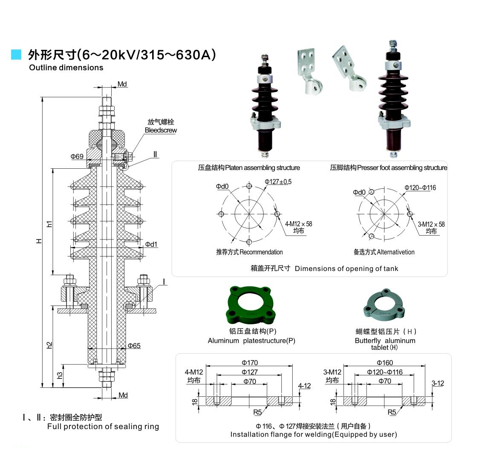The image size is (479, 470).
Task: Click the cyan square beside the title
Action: [16, 54]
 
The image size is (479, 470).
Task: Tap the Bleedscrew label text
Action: [161, 130]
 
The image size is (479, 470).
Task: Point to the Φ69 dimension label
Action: [77, 156]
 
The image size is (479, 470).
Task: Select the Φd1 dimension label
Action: [151, 244]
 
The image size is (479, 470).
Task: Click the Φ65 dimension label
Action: [134, 346]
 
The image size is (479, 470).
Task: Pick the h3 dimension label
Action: [60, 376]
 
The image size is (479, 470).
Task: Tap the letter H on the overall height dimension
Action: [39, 241]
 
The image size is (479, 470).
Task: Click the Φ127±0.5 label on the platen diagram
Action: [278, 182]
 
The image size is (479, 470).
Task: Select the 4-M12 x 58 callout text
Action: [298, 224]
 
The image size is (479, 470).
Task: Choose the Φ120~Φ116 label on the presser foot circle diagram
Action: [420, 187]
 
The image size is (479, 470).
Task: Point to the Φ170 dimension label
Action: [250, 363]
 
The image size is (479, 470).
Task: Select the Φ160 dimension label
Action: [385, 363]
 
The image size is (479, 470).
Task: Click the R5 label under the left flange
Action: [257, 412]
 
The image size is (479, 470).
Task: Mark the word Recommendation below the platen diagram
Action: [261, 252]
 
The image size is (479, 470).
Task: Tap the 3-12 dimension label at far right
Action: [438, 383]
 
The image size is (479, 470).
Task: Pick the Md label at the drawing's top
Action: [122, 84]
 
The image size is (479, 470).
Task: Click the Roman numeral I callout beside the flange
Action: [164, 282]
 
